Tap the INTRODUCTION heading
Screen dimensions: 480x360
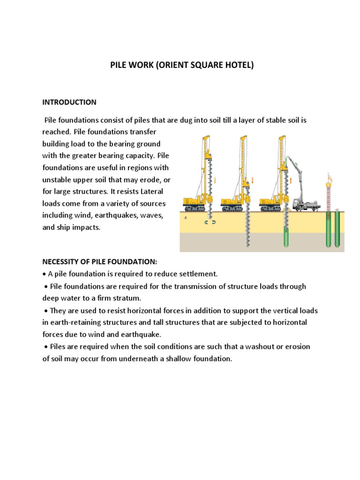69,102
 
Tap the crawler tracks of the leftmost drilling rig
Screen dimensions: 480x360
195,208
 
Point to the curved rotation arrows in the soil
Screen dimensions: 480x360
210,223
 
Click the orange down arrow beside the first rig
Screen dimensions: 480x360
215,180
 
